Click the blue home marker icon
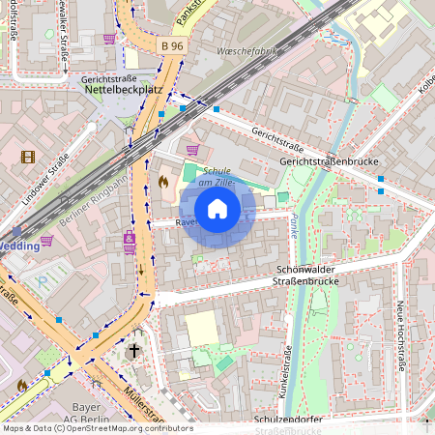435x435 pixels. [x=217, y=209]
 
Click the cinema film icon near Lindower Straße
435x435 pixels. [x=27, y=157]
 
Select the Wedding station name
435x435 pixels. [x=19, y=246]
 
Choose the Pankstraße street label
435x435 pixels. [x=194, y=15]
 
